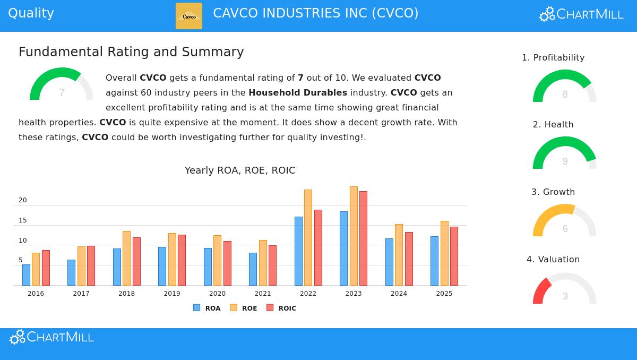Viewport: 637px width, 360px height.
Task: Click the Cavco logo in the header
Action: point(189,16)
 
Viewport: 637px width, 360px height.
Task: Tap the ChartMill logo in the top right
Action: point(581,14)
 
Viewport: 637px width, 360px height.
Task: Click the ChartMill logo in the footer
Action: point(51,337)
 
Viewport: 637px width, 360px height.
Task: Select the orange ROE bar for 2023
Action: point(354,236)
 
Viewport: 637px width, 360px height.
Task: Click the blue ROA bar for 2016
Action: point(26,275)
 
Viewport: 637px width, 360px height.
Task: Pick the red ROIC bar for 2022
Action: point(318,247)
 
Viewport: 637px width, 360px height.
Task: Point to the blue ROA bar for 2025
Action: point(434,261)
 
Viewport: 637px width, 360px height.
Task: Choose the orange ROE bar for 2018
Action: point(126,258)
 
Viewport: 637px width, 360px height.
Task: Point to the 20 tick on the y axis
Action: point(22,200)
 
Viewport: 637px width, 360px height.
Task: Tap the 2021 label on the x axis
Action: point(263,294)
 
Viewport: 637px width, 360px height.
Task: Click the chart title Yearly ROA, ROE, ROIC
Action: point(240,170)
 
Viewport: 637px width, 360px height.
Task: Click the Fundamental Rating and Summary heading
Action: point(131,52)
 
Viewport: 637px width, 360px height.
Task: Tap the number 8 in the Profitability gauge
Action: point(565,95)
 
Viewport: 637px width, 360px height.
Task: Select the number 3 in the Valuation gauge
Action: point(565,296)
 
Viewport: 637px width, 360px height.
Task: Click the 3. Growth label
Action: point(553,192)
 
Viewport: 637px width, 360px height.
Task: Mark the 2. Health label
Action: point(553,124)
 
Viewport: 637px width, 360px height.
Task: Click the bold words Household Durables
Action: point(298,92)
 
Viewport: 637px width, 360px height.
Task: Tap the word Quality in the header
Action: point(31,13)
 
